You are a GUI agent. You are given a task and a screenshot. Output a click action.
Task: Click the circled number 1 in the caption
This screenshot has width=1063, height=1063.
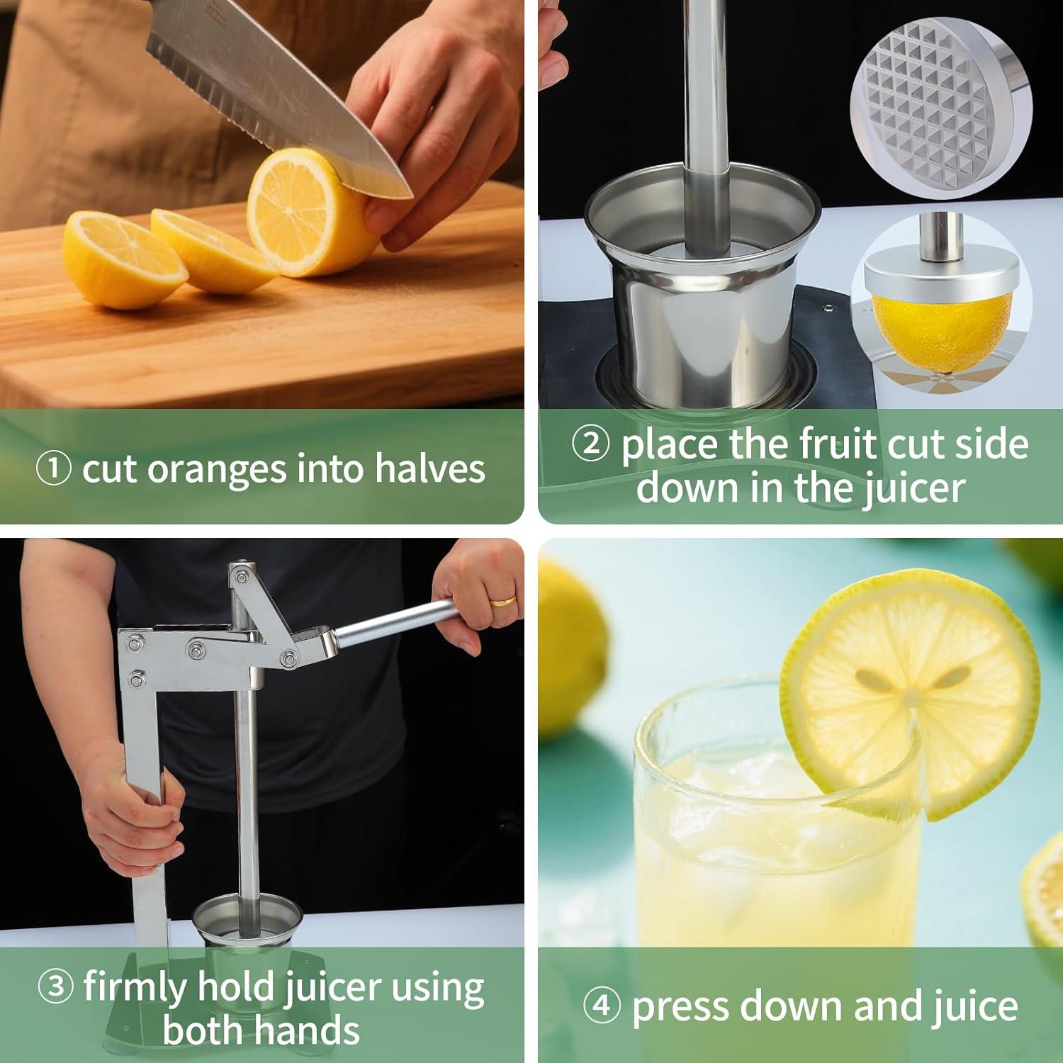coord(53,469)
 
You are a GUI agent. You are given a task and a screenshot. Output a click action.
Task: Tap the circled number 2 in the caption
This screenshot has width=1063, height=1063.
coord(590,444)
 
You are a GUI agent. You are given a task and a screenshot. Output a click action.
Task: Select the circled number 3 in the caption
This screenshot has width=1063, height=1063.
coord(55,986)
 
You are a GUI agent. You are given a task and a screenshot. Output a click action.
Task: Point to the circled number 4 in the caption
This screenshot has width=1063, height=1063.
coord(602,1006)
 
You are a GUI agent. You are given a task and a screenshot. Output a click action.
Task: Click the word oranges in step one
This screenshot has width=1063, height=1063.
coord(216,471)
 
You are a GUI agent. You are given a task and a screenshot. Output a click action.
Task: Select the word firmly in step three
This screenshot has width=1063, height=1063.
coord(135,987)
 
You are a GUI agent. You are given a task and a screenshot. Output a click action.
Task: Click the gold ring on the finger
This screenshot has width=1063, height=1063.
coord(503,601)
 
